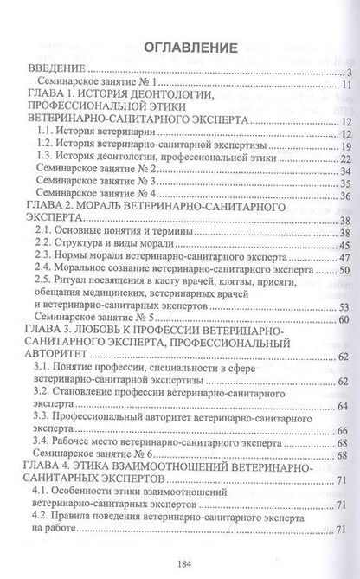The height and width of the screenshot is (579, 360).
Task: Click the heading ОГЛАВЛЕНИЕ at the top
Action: (x=181, y=46)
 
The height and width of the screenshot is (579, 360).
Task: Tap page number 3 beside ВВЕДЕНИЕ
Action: (x=344, y=72)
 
